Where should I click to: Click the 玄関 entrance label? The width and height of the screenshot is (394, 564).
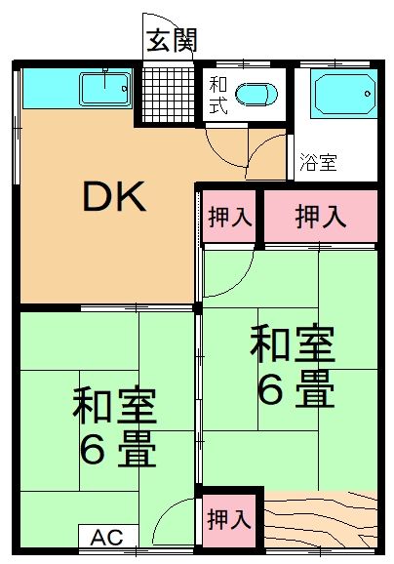coord(172,40)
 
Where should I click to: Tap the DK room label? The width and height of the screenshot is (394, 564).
coord(113,199)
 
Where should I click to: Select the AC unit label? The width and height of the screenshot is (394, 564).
coord(107,537)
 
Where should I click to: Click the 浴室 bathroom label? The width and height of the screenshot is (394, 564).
coord(318,163)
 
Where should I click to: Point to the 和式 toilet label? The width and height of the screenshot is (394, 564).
coord(217,95)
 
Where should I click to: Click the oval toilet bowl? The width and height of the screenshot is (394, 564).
coord(256,95)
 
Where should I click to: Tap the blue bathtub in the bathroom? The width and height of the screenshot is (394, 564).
coord(342,96)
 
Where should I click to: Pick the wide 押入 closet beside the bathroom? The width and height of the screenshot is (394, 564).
coord(320,216)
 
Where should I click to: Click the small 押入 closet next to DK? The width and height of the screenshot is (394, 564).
coord(229,217)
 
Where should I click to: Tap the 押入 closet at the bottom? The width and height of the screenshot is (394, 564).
coord(229,519)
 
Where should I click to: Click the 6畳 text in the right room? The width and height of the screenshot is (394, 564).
coord(295,390)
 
